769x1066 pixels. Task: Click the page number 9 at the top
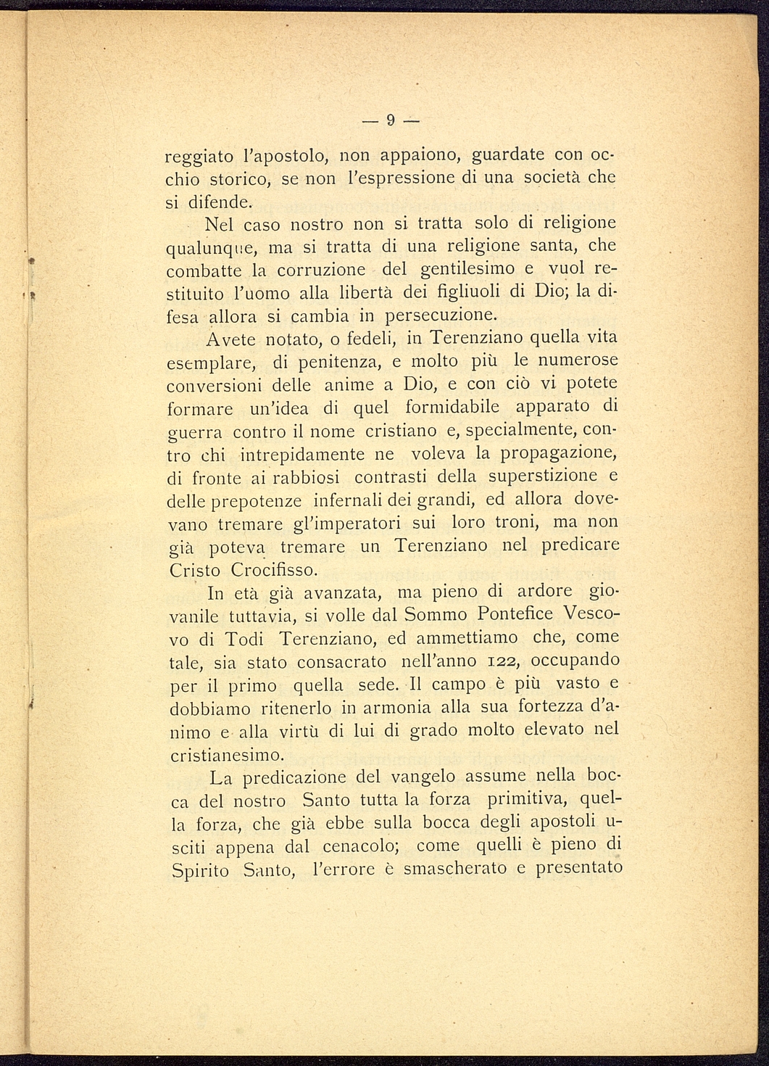390,120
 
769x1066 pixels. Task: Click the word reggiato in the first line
196,157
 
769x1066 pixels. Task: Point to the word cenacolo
352,846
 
